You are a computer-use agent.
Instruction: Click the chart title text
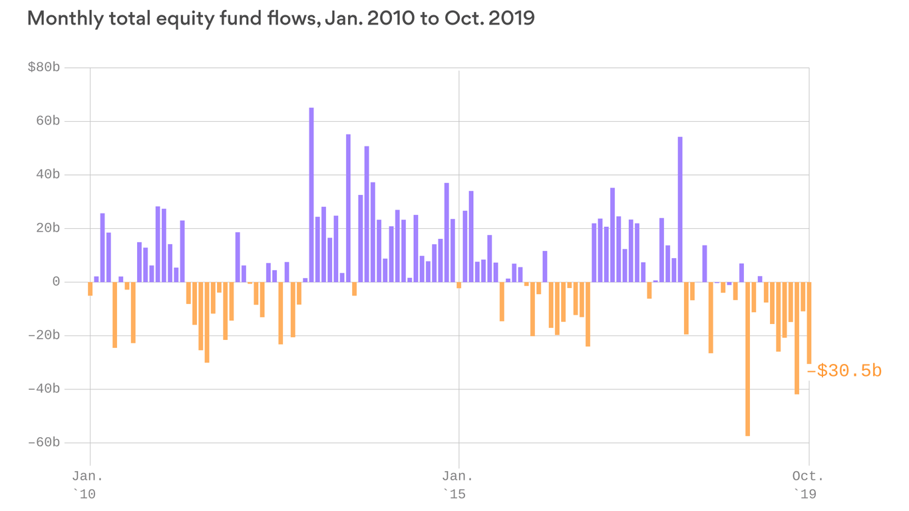[x=281, y=19]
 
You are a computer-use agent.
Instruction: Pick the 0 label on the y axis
[x=56, y=281]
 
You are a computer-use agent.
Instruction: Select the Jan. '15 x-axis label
[x=458, y=484]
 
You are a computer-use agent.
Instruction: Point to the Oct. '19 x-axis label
[x=809, y=484]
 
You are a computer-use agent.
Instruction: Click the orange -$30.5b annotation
[x=844, y=371]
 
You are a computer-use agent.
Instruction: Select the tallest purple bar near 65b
[x=311, y=194]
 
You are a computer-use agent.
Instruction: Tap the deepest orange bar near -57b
[x=748, y=359]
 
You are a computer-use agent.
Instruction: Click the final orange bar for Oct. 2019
[x=809, y=323]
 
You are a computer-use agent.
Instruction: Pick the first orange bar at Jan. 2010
[x=91, y=289]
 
